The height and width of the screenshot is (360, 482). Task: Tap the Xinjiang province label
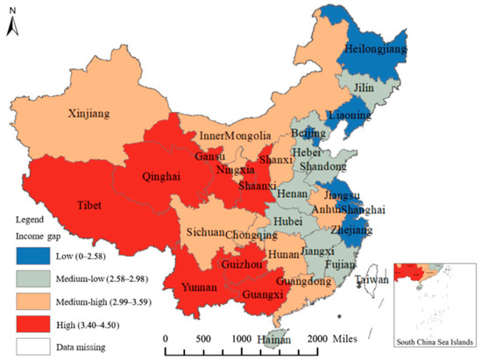[92, 113]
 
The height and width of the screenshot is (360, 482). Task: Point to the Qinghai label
[161, 175]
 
